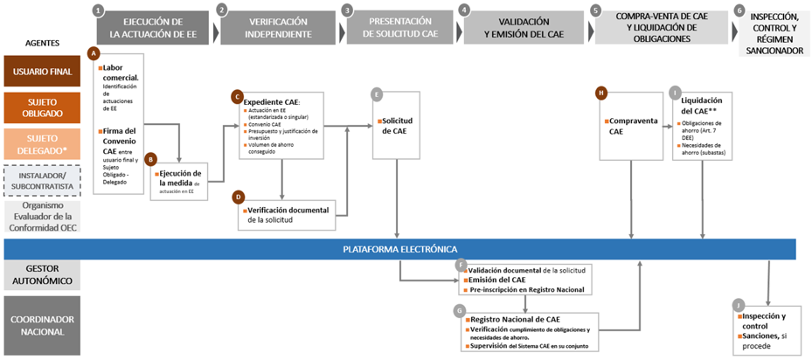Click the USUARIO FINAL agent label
(x=42, y=73)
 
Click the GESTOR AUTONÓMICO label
(x=42, y=277)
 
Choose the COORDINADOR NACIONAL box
(x=42, y=325)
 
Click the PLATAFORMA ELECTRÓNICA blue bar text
(x=399, y=249)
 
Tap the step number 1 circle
(x=98, y=10)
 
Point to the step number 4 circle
(x=464, y=10)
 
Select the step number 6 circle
(x=739, y=10)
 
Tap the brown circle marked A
(x=94, y=52)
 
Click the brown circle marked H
(x=601, y=92)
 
